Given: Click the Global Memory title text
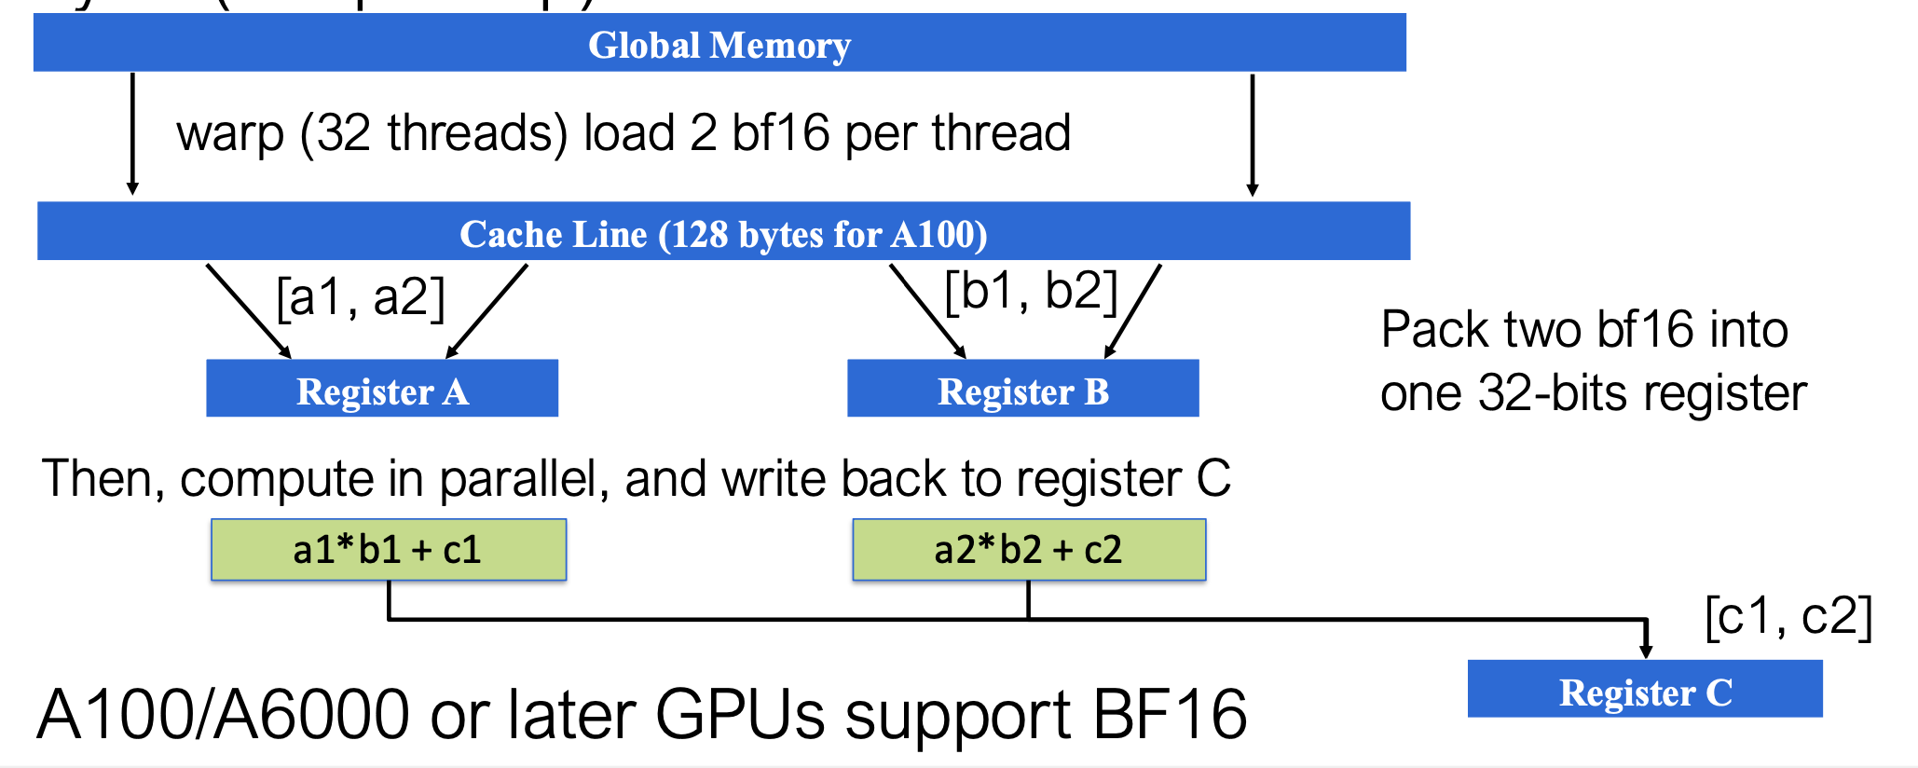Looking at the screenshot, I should click(x=719, y=45).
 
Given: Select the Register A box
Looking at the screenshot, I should click(x=382, y=389).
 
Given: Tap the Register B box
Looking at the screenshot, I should click(x=1022, y=389).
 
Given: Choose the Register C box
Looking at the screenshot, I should click(x=1645, y=690).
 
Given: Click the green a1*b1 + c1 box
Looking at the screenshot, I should click(x=388, y=550).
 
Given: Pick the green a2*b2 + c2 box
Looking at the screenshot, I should click(x=1028, y=550).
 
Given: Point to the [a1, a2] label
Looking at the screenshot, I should click(x=361, y=298).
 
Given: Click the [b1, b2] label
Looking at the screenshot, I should click(x=1030, y=292).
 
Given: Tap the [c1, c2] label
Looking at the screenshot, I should click(x=1788, y=617).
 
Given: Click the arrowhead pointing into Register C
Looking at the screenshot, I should click(x=1646, y=650).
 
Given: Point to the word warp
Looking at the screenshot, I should click(x=230, y=133).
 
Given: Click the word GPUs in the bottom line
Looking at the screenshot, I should click(x=741, y=715).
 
